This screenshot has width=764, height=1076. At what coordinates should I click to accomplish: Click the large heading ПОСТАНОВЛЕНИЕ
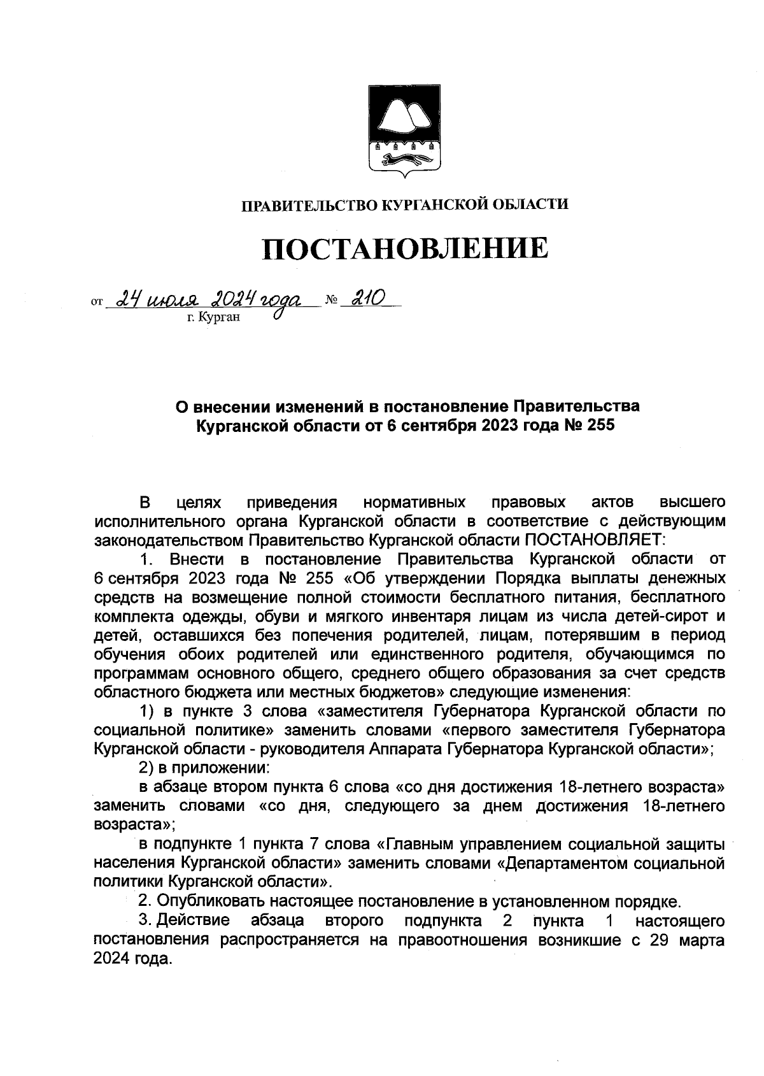(406, 248)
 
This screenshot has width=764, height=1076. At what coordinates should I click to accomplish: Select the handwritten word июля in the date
(172, 298)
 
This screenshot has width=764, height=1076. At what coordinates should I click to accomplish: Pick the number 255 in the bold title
(598, 425)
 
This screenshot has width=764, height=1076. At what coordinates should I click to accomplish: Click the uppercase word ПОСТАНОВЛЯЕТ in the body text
(593, 540)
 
